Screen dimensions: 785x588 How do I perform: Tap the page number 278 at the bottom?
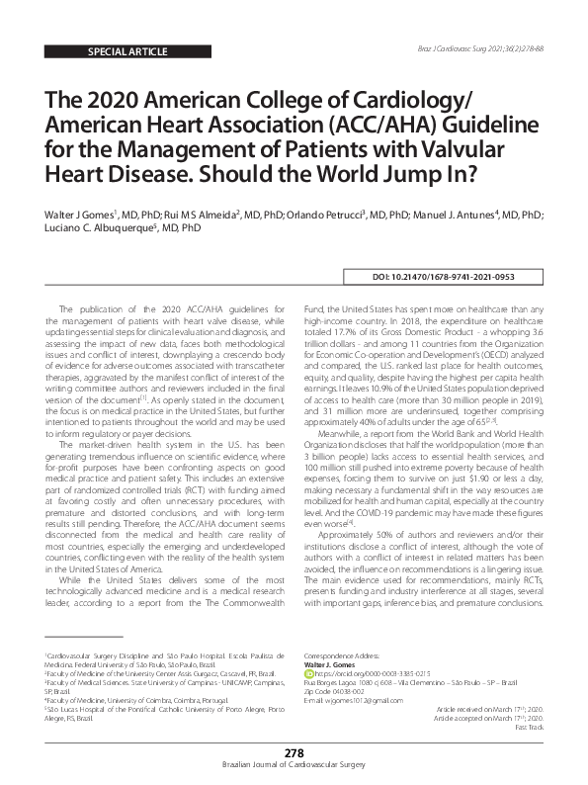point(294,754)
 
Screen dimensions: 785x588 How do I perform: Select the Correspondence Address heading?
point(347,655)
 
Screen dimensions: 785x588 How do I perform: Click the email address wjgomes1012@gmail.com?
point(355,700)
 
